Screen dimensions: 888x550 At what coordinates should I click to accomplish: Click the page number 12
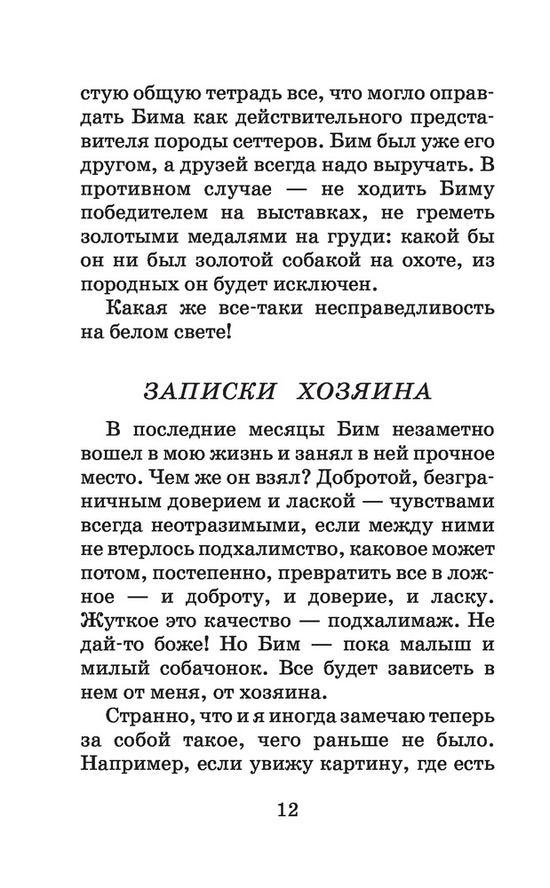point(275,810)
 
